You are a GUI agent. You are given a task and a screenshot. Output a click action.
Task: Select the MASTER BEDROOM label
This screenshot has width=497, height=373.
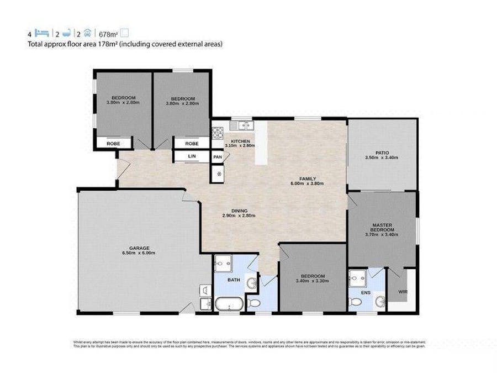(x=382, y=227)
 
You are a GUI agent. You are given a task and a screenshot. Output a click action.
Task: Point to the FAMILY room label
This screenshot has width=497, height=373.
(x=308, y=178)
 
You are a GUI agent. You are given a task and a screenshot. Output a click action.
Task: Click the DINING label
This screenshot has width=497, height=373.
(x=239, y=210)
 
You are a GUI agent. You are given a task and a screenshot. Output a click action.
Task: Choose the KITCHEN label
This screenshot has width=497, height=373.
(x=240, y=141)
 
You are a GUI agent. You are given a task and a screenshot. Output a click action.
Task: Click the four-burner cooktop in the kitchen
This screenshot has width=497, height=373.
(x=218, y=133)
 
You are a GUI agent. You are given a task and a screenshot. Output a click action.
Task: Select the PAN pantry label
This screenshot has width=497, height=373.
(x=218, y=157)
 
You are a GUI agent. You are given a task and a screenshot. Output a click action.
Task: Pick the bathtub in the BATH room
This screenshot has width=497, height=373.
(x=227, y=303)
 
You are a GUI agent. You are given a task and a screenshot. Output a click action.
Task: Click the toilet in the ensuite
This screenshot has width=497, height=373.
(x=357, y=301)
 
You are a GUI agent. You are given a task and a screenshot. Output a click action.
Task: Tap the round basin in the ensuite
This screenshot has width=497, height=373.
(x=379, y=301)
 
